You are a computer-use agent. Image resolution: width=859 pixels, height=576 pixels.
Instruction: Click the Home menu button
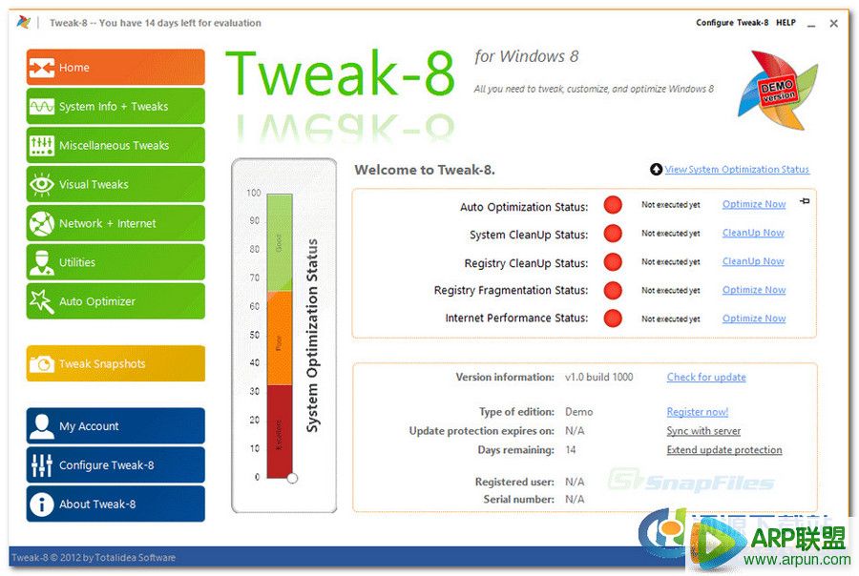[x=115, y=68]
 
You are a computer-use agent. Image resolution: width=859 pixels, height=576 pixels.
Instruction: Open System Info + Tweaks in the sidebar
[x=115, y=107]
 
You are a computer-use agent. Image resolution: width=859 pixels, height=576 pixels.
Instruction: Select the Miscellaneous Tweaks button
[x=115, y=146]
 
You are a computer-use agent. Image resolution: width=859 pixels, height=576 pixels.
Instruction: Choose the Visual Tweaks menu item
[x=115, y=185]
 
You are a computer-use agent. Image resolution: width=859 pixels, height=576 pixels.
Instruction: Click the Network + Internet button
[x=115, y=224]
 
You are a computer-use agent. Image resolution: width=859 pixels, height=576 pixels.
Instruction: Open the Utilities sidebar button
[x=115, y=263]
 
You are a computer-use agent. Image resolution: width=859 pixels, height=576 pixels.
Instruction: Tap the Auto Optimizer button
[x=115, y=302]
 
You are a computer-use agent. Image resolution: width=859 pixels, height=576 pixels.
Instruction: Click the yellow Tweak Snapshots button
[x=115, y=364]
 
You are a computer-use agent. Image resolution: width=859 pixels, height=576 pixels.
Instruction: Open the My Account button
[x=115, y=426]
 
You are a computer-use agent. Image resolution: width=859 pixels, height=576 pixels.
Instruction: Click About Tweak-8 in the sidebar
[x=115, y=504]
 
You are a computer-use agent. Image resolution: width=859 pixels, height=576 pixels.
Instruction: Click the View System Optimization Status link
[x=736, y=170]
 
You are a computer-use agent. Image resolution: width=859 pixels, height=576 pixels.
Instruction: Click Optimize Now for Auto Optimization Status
[x=753, y=204]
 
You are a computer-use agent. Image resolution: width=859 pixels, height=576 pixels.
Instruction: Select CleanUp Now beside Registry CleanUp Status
[x=752, y=261]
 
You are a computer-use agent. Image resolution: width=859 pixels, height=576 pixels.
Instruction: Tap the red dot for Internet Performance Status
[x=613, y=319]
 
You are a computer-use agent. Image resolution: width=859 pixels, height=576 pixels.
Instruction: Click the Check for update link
[x=705, y=378]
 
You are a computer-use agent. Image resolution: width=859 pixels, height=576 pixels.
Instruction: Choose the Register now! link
[x=697, y=412]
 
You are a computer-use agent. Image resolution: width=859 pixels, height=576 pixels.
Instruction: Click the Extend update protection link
[x=723, y=450]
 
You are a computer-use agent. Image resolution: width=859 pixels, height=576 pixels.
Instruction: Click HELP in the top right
[x=786, y=23]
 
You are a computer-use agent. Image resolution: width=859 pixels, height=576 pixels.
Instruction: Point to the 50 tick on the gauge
[x=254, y=335]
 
